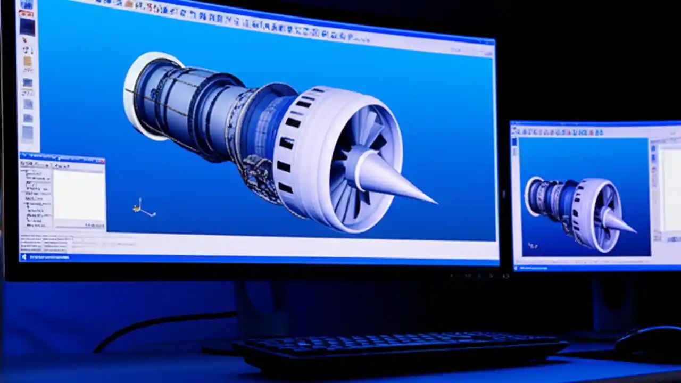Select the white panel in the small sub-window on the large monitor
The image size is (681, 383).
[x=79, y=195]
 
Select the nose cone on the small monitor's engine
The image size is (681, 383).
[x=620, y=221]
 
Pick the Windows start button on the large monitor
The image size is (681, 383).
[x=24, y=257]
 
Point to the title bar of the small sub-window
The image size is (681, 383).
[x=61, y=158]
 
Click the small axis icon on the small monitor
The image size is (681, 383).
[x=532, y=245]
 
